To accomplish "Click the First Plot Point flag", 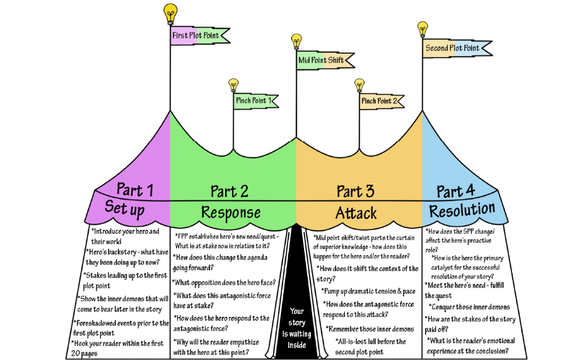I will (195, 35).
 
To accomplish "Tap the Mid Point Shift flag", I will (321, 60).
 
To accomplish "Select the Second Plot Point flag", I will (452, 49).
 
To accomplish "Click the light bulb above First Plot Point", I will (170, 12).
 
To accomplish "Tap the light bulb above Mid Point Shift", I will (296, 41).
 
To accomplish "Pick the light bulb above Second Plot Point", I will (423, 28).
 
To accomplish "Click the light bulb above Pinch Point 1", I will (233, 84).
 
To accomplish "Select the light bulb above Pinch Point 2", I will (359, 84).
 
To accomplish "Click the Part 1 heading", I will (134, 189).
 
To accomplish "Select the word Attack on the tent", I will (356, 212).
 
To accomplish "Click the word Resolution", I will (462, 209).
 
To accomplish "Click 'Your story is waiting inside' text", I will (296, 328).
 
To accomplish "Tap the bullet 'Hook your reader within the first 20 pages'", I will (120, 348).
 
